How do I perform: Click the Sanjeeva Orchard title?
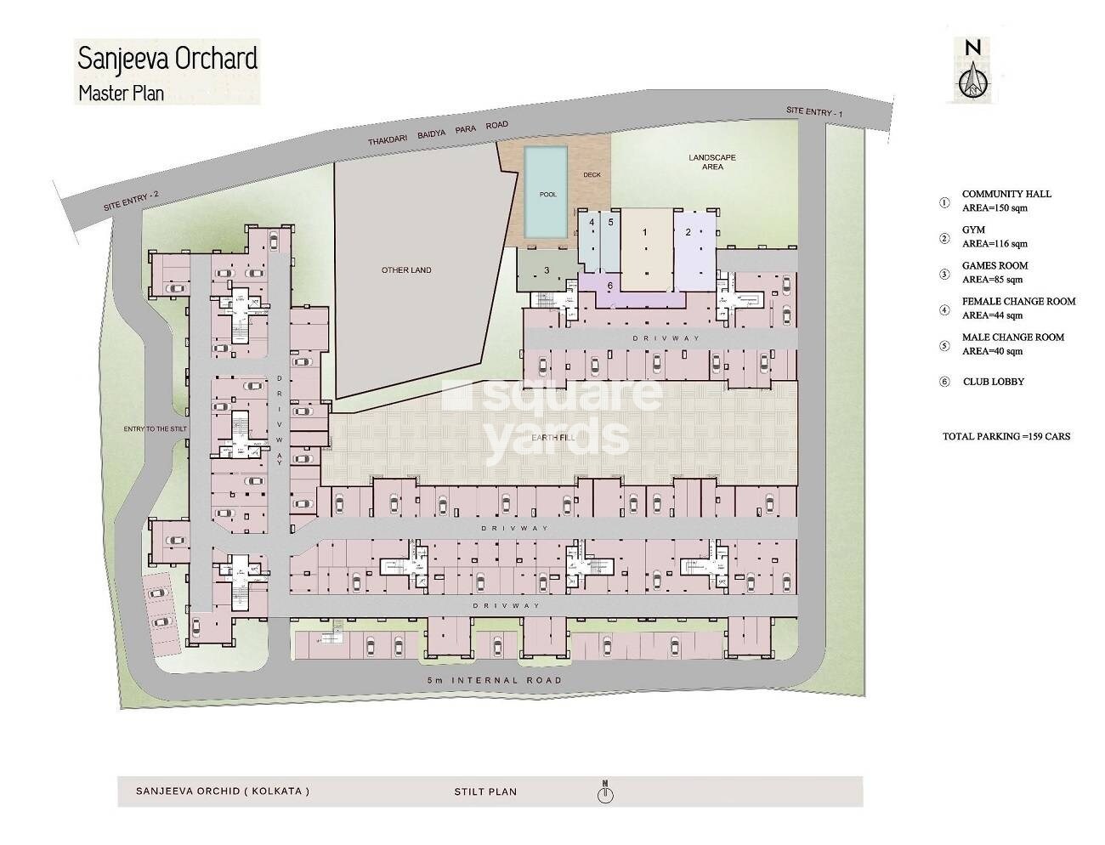pyautogui.click(x=167, y=60)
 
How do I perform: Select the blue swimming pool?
pyautogui.click(x=547, y=194)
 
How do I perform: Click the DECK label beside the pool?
pyautogui.click(x=592, y=175)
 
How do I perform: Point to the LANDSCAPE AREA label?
pyautogui.click(x=712, y=162)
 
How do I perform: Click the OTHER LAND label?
pyautogui.click(x=406, y=270)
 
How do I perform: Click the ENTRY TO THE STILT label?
pyautogui.click(x=155, y=429)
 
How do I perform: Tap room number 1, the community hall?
pyautogui.click(x=644, y=232)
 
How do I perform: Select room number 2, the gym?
pyautogui.click(x=688, y=232)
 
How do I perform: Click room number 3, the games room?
pyautogui.click(x=547, y=270)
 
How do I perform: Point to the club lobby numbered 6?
pyautogui.click(x=609, y=285)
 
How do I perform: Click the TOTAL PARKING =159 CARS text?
pyautogui.click(x=1006, y=436)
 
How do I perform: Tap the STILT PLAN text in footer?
pyautogui.click(x=485, y=791)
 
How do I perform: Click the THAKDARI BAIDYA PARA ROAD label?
pyautogui.click(x=438, y=136)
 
